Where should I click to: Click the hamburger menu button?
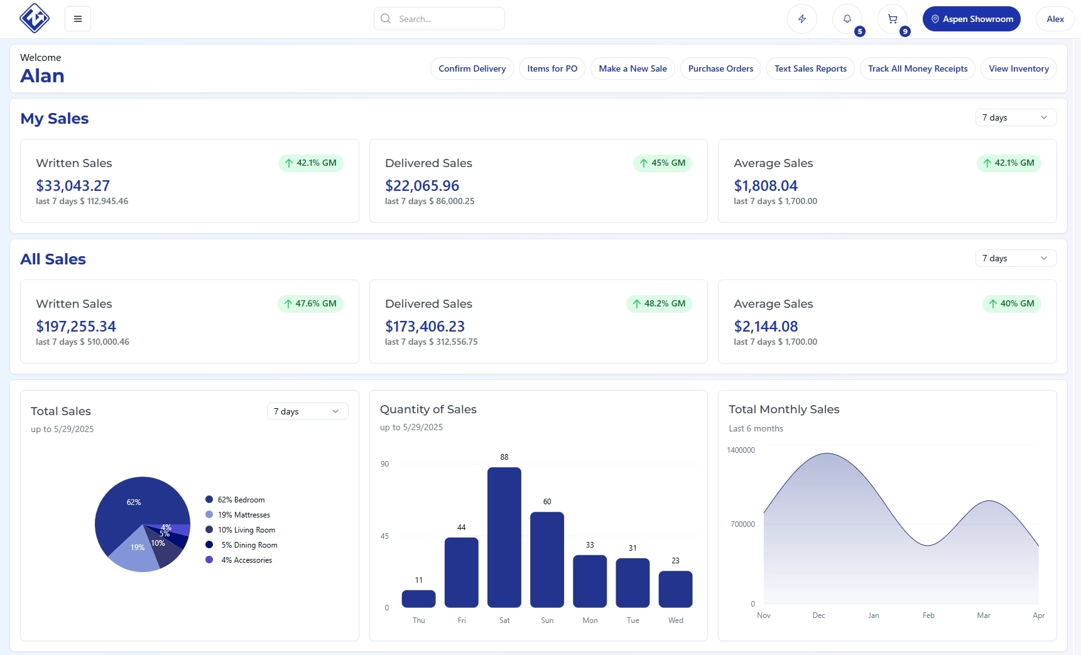(x=78, y=19)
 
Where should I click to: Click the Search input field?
(x=440, y=19)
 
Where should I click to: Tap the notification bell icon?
(x=847, y=19)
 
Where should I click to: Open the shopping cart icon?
(x=892, y=19)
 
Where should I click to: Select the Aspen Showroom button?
(x=971, y=19)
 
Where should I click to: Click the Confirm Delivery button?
(x=472, y=68)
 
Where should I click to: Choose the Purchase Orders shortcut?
(x=720, y=68)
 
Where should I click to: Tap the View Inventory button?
(x=1018, y=68)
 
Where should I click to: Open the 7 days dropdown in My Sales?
(x=1015, y=117)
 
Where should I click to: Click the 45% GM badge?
(x=662, y=163)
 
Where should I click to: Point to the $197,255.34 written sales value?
(x=76, y=327)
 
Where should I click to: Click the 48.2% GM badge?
(x=658, y=303)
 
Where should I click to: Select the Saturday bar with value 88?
(x=504, y=537)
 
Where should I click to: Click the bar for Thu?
(x=418, y=598)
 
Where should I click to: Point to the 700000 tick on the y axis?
(x=742, y=524)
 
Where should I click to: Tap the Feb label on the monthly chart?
(x=928, y=615)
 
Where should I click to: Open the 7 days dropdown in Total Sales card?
(x=307, y=411)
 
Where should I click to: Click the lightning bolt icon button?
(x=801, y=19)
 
